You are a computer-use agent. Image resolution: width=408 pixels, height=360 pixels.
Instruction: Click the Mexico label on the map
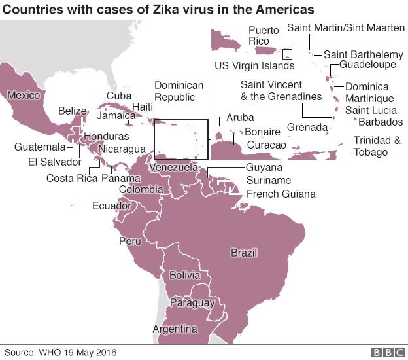tap(24, 96)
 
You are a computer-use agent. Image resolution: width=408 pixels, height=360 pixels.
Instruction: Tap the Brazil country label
tap(244, 253)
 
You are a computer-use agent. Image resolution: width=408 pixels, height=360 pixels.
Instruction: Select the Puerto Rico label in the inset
tap(263, 35)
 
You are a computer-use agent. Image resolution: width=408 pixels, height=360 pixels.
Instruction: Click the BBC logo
tap(388, 352)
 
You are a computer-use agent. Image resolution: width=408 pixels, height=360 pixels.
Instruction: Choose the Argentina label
tap(175, 328)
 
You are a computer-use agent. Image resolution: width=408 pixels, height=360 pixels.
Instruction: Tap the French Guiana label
tap(280, 194)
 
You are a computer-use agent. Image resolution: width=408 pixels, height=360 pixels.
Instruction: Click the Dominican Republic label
tap(178, 92)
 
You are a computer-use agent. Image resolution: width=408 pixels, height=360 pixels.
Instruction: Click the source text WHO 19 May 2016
tap(73, 352)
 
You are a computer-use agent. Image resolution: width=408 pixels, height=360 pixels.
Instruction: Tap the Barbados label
tap(381, 122)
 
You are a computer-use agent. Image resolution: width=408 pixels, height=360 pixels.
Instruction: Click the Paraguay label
tap(192, 303)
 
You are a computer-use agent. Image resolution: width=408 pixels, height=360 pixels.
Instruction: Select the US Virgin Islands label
tap(254, 65)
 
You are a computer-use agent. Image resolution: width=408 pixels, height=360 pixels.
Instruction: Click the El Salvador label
tap(54, 162)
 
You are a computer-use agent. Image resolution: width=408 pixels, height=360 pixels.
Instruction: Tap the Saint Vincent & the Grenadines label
tap(281, 90)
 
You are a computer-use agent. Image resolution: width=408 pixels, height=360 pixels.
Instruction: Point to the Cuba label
tap(118, 96)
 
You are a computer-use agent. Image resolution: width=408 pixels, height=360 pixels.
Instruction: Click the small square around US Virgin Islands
tap(288, 54)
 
